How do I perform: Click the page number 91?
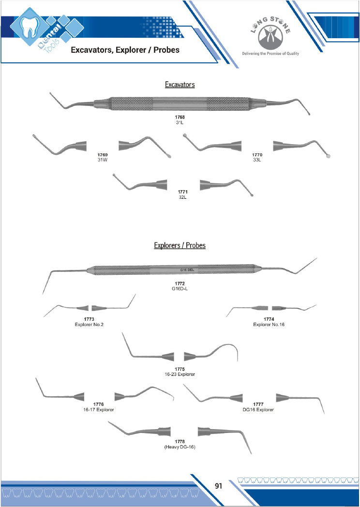pyautogui.click(x=218, y=486)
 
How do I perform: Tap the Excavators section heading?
pyautogui.click(x=180, y=84)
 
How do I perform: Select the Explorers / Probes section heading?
pyautogui.click(x=180, y=245)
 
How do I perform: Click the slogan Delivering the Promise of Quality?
pyautogui.click(x=270, y=54)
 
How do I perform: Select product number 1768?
pyautogui.click(x=180, y=118)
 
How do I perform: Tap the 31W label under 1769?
pyautogui.click(x=103, y=160)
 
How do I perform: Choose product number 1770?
pyautogui.click(x=257, y=155)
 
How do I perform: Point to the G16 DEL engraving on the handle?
pyautogui.click(x=187, y=270)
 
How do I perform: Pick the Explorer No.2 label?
pyautogui.click(x=89, y=324)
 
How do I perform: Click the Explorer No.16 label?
pyautogui.click(x=269, y=324)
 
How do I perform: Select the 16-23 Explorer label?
pyautogui.click(x=180, y=374)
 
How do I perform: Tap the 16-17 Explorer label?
pyautogui.click(x=99, y=410)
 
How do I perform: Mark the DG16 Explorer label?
pyautogui.click(x=258, y=410)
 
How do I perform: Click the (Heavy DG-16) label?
pyautogui.click(x=180, y=447)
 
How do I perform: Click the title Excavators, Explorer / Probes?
pyautogui.click(x=125, y=50)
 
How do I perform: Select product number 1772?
pyautogui.click(x=180, y=283)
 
